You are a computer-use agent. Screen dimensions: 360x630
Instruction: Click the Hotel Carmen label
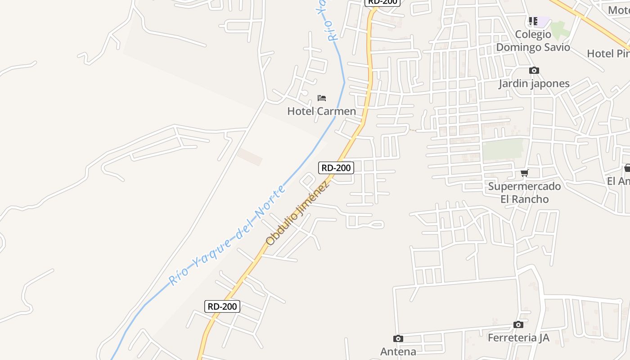click(x=321, y=111)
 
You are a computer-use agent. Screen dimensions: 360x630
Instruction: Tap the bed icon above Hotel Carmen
click(x=321, y=98)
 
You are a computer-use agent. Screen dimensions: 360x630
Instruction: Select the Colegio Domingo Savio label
click(x=533, y=41)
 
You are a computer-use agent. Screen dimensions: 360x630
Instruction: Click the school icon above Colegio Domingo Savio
click(x=533, y=21)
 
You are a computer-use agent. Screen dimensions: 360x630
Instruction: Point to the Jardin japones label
click(x=534, y=84)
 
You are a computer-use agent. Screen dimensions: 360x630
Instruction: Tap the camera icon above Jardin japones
click(x=534, y=70)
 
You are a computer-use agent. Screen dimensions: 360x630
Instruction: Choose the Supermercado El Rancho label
click(x=524, y=193)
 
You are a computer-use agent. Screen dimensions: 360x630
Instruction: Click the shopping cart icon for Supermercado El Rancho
click(x=524, y=173)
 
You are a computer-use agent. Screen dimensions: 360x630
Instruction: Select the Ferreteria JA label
click(x=518, y=337)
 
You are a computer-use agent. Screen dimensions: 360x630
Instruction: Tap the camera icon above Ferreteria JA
click(x=518, y=324)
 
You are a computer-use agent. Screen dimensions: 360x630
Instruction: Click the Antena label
click(x=398, y=351)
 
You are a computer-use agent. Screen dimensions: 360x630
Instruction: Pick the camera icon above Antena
click(x=398, y=338)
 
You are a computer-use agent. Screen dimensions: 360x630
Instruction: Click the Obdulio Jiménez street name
click(x=297, y=213)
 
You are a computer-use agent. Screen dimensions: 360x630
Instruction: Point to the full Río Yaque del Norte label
click(x=227, y=235)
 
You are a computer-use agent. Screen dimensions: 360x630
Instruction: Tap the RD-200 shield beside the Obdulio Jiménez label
click(x=336, y=168)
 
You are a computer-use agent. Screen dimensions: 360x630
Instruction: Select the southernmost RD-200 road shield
click(x=222, y=306)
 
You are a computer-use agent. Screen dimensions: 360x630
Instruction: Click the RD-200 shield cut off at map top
click(x=382, y=2)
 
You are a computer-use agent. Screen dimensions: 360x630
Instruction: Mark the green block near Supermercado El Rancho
click(x=503, y=149)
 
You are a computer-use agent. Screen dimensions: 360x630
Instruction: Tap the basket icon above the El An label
click(x=627, y=168)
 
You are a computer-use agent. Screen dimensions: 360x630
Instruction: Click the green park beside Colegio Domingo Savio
click(x=558, y=29)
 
